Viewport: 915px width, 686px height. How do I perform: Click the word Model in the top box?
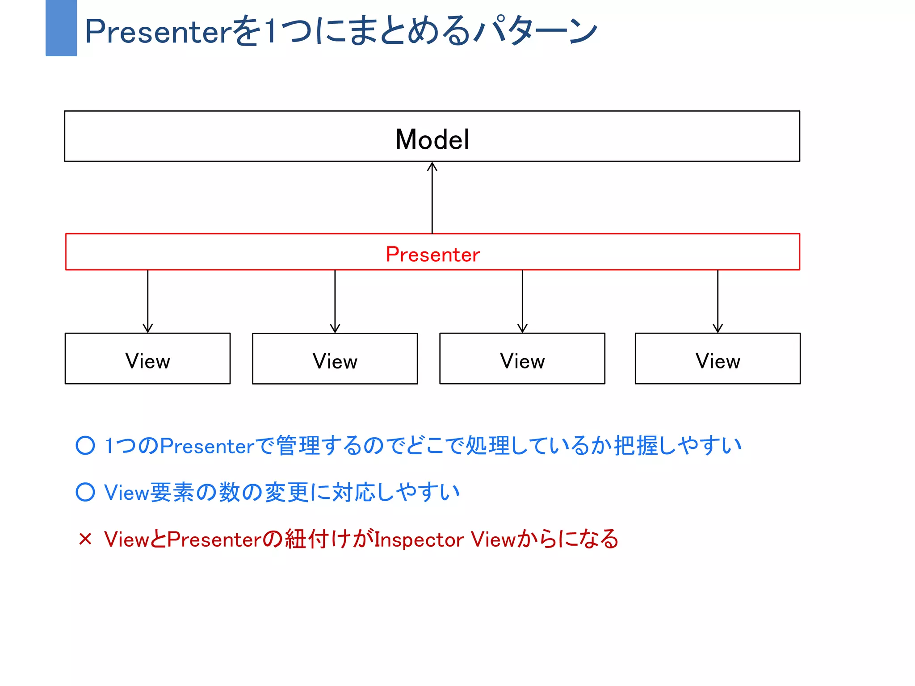(x=432, y=139)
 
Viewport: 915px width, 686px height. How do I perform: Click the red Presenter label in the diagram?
(x=432, y=254)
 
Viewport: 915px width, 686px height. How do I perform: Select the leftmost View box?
(x=147, y=359)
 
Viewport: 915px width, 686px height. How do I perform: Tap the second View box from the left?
(x=335, y=359)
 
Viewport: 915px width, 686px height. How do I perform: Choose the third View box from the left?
(x=522, y=359)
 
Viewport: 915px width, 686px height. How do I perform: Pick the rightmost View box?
(x=718, y=359)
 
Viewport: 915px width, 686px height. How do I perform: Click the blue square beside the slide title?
(x=61, y=28)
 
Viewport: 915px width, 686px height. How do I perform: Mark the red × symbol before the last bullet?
(x=85, y=539)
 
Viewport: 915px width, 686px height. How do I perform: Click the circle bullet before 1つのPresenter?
(x=85, y=445)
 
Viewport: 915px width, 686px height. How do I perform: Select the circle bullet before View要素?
(x=85, y=492)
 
